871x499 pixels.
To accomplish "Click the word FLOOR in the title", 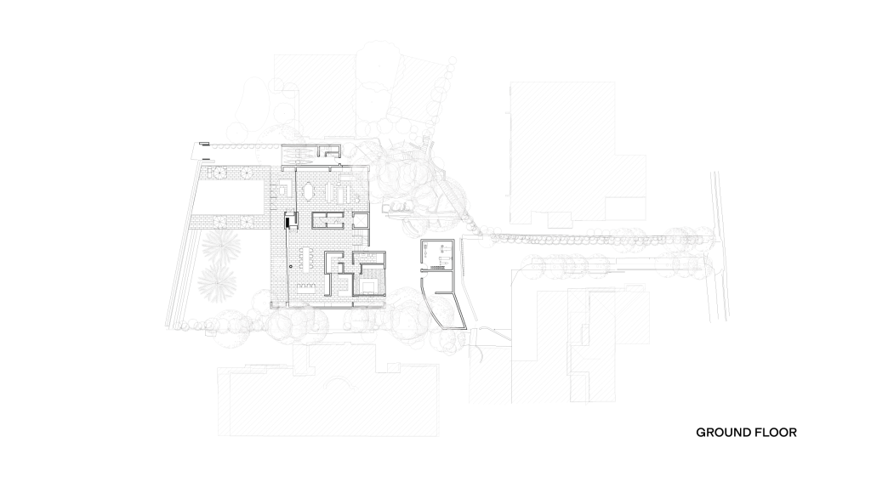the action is (776, 433).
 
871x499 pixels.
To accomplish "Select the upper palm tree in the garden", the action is (222, 245).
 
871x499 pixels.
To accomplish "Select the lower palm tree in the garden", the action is (217, 281).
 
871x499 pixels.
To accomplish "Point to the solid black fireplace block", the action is (287, 220).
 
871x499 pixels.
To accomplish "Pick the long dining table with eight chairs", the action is (306, 258).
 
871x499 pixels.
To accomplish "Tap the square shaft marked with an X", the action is (361, 220).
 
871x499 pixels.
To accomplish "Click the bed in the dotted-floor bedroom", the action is (367, 285).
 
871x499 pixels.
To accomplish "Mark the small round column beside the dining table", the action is (290, 266).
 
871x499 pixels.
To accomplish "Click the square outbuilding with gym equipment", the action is (438, 255).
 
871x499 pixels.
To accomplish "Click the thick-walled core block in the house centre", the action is (327, 220).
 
